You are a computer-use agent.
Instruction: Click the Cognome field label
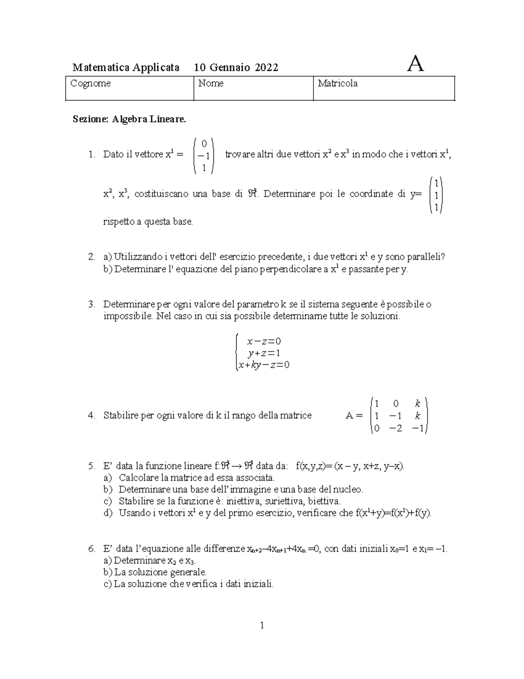coord(91,83)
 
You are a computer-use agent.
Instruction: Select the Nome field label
coord(211,83)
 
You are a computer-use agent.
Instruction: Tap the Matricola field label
coord(338,83)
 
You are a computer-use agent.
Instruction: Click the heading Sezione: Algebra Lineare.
coord(129,119)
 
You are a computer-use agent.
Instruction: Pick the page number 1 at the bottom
coord(262,626)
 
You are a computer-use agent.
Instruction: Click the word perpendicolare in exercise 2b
coord(291,269)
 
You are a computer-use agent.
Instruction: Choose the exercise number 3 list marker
coord(90,304)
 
